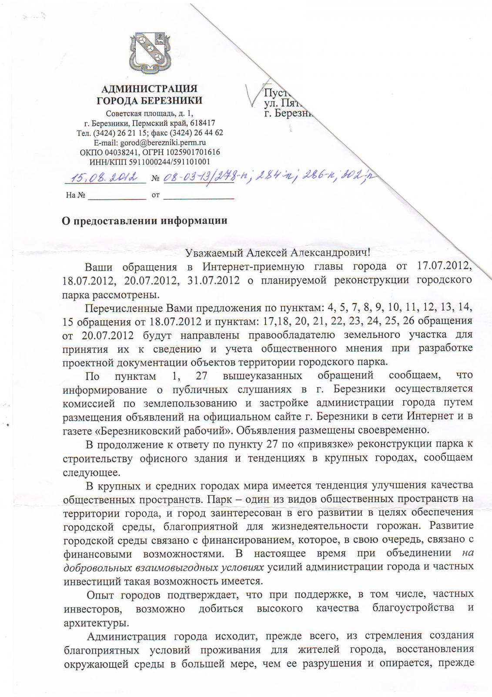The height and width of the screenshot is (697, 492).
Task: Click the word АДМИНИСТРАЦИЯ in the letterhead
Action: tap(149, 89)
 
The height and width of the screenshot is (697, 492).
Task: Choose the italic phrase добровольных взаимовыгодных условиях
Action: tap(164, 568)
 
